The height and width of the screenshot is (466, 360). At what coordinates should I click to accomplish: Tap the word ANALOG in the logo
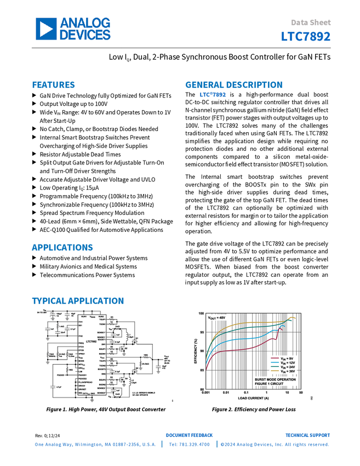85,23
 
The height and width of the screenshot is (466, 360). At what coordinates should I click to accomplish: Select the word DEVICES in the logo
85,35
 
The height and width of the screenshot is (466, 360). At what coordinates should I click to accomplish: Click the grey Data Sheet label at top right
311,23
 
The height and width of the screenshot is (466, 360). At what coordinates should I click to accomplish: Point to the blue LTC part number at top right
306,37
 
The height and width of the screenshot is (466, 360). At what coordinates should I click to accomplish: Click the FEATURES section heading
54,85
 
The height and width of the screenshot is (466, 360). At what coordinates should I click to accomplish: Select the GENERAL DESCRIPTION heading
233,85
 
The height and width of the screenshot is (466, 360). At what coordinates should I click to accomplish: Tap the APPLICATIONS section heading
62,248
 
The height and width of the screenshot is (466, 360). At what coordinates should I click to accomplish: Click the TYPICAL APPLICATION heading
78,301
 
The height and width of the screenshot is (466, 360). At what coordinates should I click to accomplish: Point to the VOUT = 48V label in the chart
216,318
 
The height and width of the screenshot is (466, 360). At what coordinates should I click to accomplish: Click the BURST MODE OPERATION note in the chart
275,379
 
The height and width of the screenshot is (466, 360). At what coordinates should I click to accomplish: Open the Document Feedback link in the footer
190,435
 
